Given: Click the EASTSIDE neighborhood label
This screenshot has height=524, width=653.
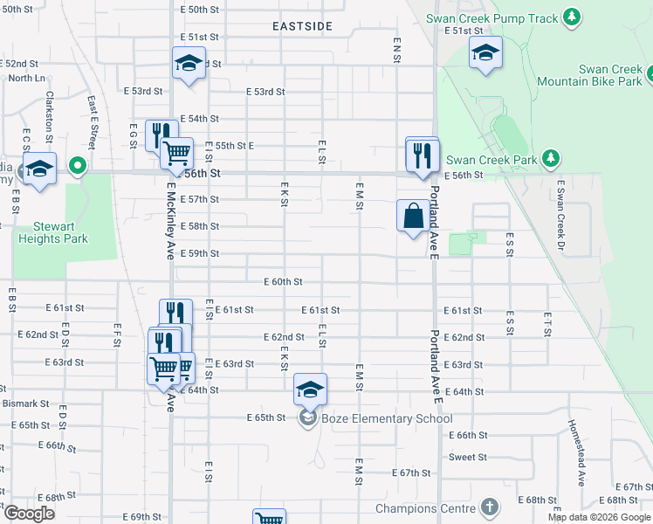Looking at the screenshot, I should click(x=302, y=26).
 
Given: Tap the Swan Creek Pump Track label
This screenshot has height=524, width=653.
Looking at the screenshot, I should click(x=492, y=17).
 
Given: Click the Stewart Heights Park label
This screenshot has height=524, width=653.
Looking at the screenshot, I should click(x=55, y=232).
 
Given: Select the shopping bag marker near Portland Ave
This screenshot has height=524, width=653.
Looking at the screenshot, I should click(x=413, y=215).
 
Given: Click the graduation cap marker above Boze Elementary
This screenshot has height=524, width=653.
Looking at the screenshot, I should click(x=310, y=390).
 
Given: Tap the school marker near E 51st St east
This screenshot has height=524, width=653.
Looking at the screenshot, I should click(x=486, y=53).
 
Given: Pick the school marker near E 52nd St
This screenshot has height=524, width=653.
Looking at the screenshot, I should click(x=188, y=63).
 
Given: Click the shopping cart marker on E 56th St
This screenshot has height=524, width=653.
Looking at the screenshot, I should click(x=177, y=153).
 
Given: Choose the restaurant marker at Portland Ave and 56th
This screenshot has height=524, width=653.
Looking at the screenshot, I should click(x=423, y=155).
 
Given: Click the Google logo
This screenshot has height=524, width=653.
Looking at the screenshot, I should click(x=29, y=514).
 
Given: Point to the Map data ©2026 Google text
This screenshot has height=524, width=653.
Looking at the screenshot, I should click(x=599, y=517).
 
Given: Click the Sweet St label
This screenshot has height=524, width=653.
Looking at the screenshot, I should click(x=468, y=458).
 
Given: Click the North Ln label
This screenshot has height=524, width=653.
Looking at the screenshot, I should click(x=26, y=78).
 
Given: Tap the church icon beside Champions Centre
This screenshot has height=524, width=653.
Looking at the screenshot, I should click(x=490, y=507).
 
